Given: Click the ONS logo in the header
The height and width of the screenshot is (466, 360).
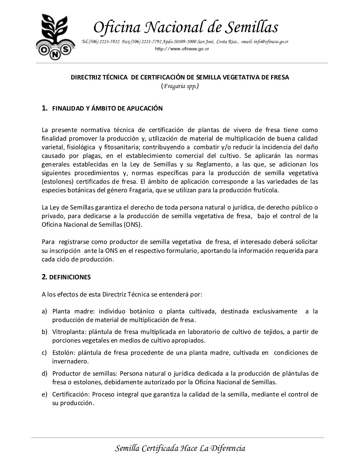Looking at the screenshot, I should [x=55, y=37].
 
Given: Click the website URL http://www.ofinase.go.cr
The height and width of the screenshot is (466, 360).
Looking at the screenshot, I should [x=182, y=49].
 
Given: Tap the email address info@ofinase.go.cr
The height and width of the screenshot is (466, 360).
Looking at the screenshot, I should [x=271, y=42].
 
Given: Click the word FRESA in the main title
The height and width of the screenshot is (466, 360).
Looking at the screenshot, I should [x=280, y=77].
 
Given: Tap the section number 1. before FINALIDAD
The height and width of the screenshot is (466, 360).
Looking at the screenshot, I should [x=45, y=108].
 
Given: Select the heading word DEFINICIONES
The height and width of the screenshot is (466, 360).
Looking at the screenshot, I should [x=69, y=277].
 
